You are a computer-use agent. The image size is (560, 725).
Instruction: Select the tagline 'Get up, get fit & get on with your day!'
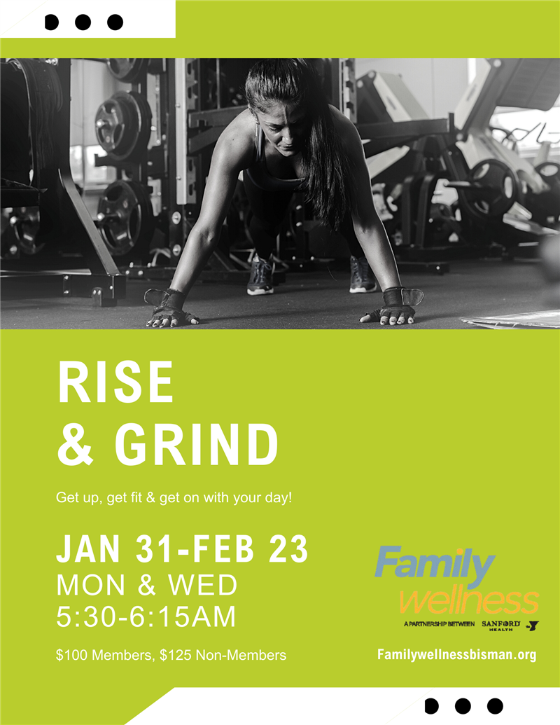(174, 498)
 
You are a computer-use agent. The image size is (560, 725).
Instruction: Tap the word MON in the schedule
(90, 586)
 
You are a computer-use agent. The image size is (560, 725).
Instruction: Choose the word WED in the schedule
(202, 586)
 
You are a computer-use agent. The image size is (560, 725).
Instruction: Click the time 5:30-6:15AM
(146, 616)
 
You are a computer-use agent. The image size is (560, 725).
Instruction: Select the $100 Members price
(104, 655)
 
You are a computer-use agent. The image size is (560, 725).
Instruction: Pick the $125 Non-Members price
(223, 655)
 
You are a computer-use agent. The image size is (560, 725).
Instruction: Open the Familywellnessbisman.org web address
(456, 655)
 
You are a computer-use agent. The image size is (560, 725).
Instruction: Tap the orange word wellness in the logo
(469, 601)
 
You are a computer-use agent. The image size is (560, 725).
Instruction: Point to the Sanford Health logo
(501, 626)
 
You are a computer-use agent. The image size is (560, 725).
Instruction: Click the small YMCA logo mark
(533, 626)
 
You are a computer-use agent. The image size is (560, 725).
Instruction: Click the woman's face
(283, 127)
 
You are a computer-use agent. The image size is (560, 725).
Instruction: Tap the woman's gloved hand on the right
(392, 308)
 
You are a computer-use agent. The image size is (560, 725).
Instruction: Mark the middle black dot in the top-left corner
(83, 22)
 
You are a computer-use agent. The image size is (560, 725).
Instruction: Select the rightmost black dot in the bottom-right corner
(495, 706)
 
